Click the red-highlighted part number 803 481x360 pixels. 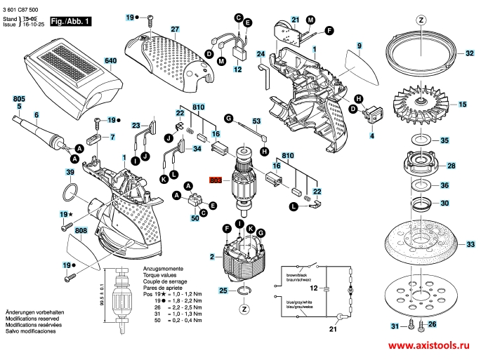point(216,180)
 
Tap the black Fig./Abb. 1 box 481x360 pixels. point(72,22)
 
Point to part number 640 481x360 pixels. point(110,62)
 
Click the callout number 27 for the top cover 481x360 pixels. point(175,29)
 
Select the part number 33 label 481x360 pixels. point(470,244)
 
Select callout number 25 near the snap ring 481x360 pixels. point(223,290)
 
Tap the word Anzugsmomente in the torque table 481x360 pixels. point(164,269)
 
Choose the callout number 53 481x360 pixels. point(257,121)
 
